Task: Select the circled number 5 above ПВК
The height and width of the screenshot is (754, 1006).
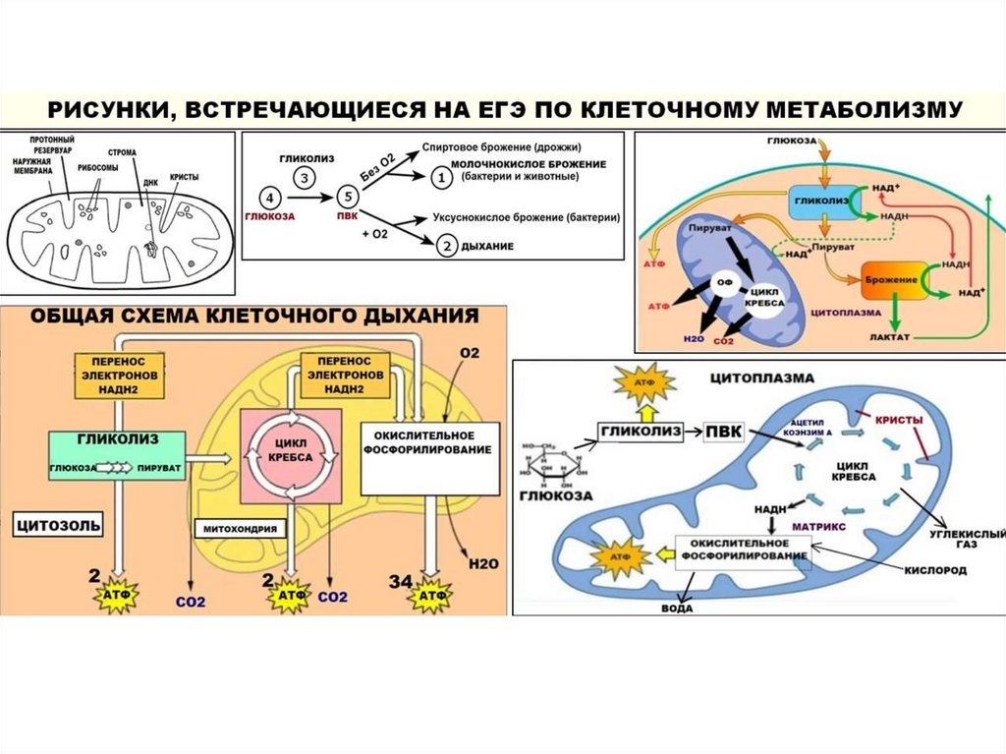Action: (345, 197)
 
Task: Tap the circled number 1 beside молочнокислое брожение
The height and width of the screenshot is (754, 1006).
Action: (441, 178)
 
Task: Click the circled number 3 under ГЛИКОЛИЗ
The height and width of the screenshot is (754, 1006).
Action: (307, 178)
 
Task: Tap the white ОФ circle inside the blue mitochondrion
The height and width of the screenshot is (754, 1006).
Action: (725, 284)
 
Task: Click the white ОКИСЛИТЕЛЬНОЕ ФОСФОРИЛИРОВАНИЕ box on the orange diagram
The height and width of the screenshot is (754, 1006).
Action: (430, 457)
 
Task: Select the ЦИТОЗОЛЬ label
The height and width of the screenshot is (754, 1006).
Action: (57, 525)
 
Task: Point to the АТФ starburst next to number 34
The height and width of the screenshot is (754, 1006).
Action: (429, 596)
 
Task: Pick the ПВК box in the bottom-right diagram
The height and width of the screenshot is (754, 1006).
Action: (730, 431)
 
